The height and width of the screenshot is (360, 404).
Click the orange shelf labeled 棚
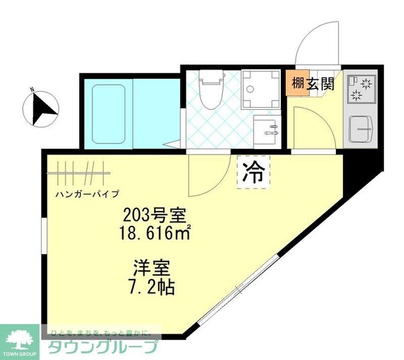click(297, 84)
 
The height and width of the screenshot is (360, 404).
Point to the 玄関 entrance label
click(321, 84)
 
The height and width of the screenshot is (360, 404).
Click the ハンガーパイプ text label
click(88, 194)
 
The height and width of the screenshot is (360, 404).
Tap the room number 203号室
click(151, 216)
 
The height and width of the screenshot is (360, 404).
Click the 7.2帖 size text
click(152, 288)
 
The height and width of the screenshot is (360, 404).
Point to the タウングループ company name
click(102, 349)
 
